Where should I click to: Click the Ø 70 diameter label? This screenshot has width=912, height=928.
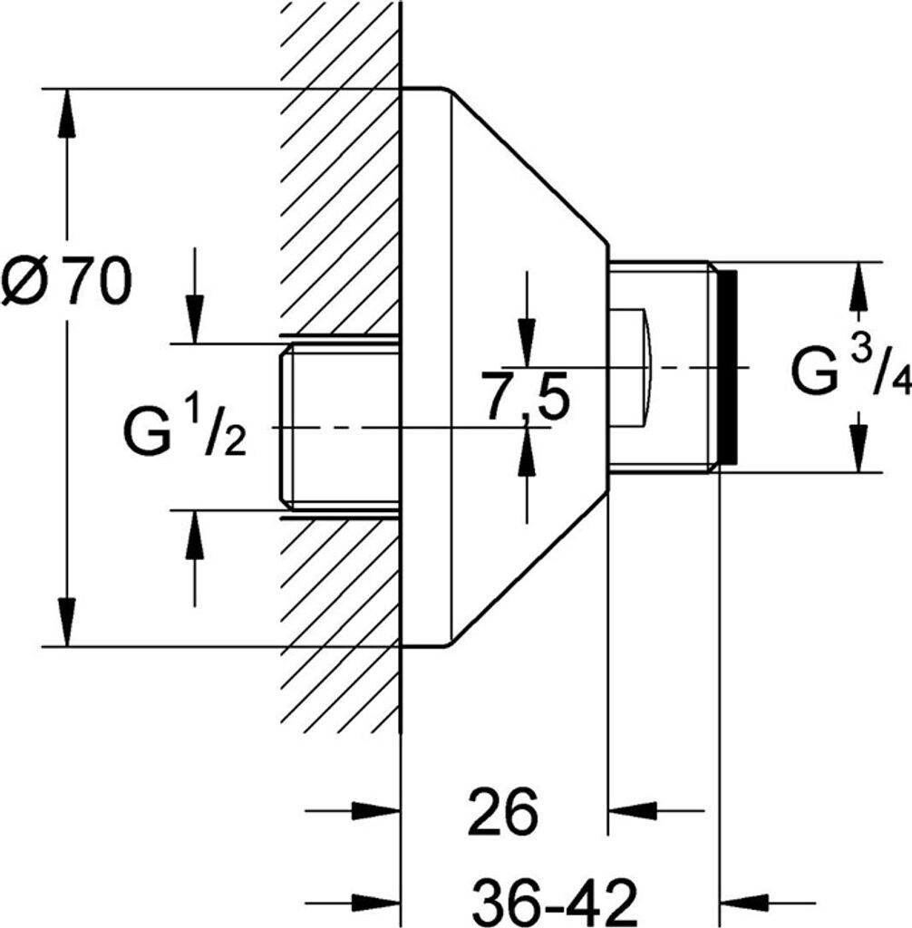pos(66,280)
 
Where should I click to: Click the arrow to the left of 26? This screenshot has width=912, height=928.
pos(376,810)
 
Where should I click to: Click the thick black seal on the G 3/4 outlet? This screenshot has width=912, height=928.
pos(728,367)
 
